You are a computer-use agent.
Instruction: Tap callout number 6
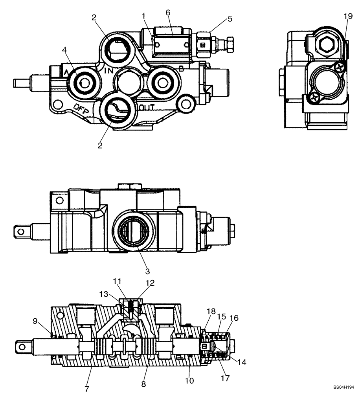pos(168,13)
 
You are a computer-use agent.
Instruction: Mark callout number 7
pos(86,388)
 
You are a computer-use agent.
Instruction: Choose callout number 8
pos(143,384)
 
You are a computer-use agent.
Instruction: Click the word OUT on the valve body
pos(146,107)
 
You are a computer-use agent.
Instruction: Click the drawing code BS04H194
pos(344,387)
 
